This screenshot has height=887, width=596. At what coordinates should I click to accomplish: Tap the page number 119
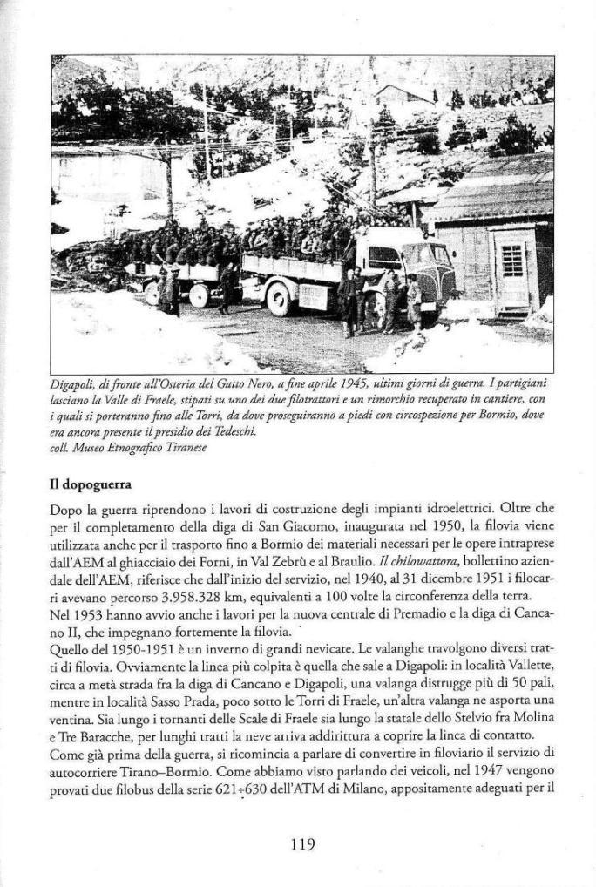(x=301, y=843)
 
